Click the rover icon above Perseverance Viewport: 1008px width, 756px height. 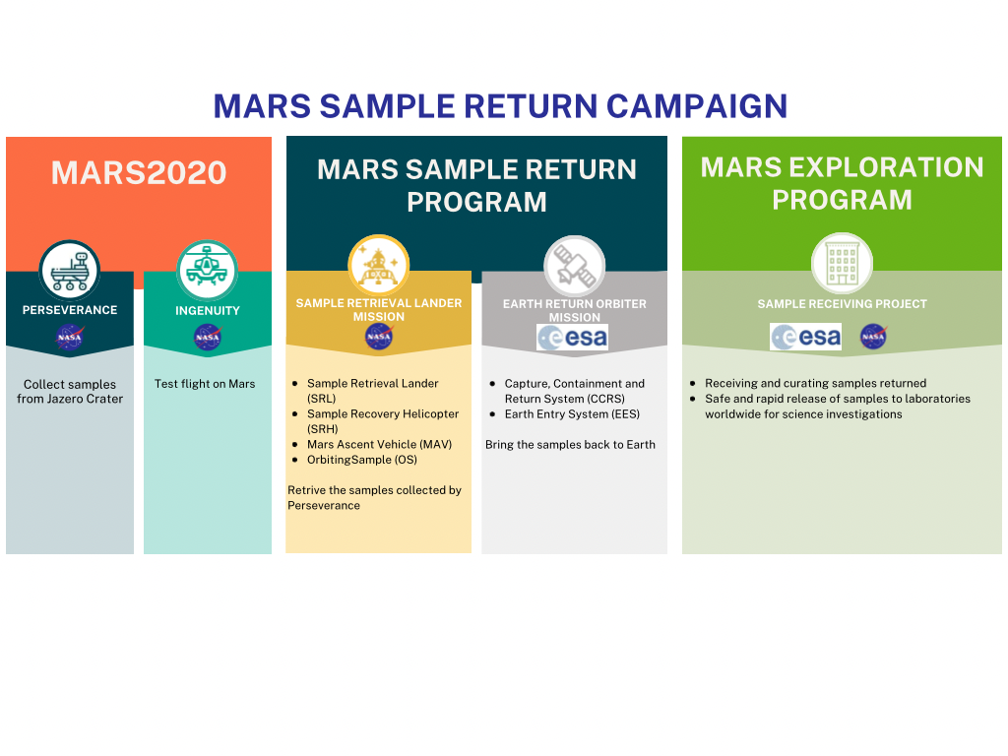70,271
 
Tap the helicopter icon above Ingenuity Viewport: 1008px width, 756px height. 207,271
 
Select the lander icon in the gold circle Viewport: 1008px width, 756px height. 379,266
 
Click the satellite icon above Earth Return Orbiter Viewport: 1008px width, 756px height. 575,266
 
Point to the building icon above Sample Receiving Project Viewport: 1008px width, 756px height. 843,264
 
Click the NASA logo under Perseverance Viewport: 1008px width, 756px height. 70,337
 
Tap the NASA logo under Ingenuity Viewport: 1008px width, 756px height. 208,337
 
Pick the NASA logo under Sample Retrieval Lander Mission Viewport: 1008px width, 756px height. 379,337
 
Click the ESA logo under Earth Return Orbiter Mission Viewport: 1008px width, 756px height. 573,338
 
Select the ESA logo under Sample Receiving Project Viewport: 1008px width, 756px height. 805,337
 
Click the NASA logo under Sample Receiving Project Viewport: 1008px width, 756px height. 874,337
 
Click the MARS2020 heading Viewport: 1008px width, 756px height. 139,173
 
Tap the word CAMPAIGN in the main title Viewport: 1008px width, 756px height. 697,106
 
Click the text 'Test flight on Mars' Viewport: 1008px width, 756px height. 205,384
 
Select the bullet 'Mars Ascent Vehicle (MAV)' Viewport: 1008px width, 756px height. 379,444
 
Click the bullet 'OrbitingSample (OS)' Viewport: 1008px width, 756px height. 362,460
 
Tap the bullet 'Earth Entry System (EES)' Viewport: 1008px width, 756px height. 572,414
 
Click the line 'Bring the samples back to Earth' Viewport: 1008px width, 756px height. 570,444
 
